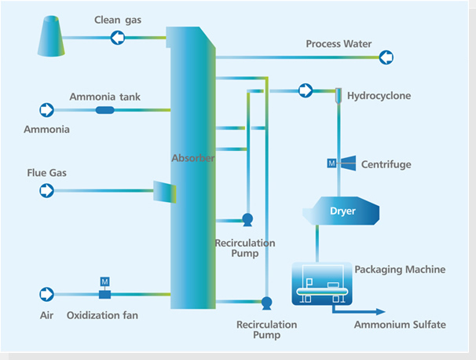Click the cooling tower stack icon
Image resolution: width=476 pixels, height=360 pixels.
tap(52, 40)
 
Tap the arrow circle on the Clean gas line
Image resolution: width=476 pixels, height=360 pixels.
tap(118, 36)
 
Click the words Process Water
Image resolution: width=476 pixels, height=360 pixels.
tap(339, 44)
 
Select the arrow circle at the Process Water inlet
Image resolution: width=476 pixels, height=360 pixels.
tap(386, 57)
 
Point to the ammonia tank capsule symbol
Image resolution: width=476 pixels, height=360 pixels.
tap(104, 109)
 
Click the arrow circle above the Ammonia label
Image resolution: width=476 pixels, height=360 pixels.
tap(46, 109)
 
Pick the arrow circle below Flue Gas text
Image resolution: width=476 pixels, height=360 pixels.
tap(46, 189)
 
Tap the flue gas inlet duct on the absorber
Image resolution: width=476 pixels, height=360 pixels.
tap(164, 191)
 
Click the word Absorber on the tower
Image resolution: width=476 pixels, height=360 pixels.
tap(193, 158)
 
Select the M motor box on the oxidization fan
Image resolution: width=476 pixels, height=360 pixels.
tap(104, 281)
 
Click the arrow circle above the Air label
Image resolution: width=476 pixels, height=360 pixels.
tap(46, 294)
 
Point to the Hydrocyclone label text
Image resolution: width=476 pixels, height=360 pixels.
tap(378, 96)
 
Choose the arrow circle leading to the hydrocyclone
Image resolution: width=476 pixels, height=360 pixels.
tap(304, 90)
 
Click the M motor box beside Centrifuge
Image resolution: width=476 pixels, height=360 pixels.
tap(331, 163)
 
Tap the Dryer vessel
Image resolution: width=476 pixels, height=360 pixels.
tap(342, 211)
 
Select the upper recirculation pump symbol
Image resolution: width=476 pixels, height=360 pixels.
tap(247, 219)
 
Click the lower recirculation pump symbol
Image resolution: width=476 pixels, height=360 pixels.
tap(265, 302)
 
